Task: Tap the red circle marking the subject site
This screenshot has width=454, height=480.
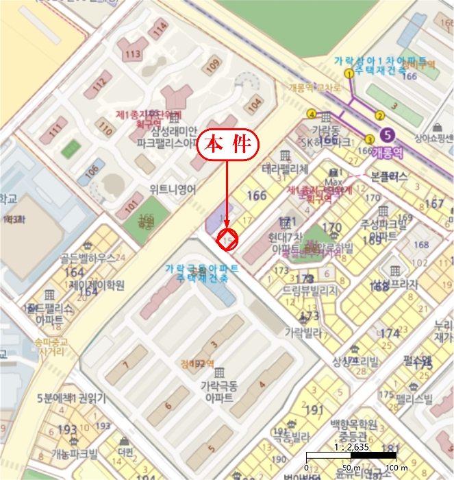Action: tap(227, 239)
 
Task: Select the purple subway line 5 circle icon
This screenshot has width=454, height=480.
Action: tap(389, 135)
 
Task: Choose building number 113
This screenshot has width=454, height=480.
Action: tap(132, 53)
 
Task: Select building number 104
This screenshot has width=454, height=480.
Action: tap(255, 105)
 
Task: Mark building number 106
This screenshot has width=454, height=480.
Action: tap(92, 171)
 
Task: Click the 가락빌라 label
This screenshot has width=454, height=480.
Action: tap(303, 331)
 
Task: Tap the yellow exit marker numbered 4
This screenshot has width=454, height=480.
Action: tap(312, 114)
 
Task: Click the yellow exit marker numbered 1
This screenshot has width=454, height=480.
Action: tap(349, 73)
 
